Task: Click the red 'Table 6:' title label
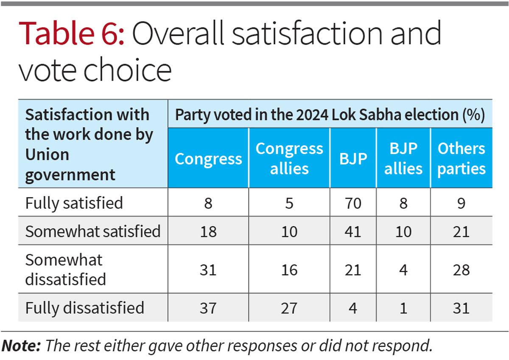point(71,34)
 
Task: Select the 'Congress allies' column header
point(289,158)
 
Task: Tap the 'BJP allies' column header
point(403,158)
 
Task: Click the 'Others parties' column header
point(461,158)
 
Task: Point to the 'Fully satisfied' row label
point(74,203)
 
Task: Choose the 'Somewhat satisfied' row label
point(93,231)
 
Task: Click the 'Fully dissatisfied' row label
point(85,307)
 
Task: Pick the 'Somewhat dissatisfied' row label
point(66,270)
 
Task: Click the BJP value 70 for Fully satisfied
point(353,203)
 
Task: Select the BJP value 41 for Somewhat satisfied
point(353,231)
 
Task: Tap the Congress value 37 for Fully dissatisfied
point(208,307)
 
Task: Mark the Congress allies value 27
point(289,307)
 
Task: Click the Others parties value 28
point(461,270)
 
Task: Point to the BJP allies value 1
point(403,307)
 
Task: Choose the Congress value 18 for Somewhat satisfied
point(208,231)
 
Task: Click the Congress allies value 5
point(289,203)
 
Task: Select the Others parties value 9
point(461,203)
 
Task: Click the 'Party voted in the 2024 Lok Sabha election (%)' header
point(330,115)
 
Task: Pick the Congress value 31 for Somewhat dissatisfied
point(208,270)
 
